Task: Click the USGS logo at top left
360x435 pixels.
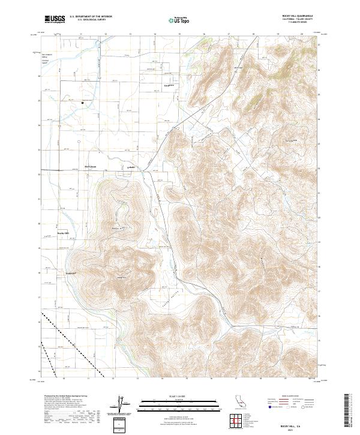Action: coord(54,19)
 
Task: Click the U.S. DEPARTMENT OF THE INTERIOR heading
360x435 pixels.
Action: coord(91,17)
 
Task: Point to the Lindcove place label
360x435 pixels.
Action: coord(169,85)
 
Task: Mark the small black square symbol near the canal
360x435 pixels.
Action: coord(83,103)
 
